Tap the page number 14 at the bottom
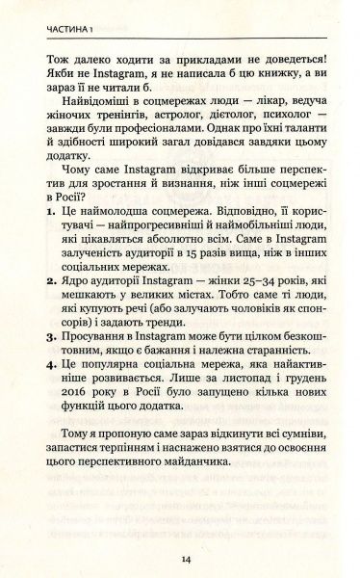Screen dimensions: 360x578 (180, 558)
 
